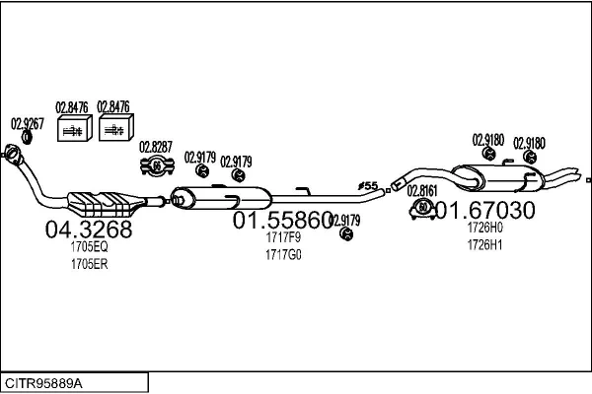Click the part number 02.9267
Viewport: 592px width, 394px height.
click(x=27, y=124)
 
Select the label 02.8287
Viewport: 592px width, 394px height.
click(x=156, y=148)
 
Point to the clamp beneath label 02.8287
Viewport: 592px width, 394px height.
click(x=156, y=167)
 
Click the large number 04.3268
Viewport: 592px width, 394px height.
click(x=89, y=230)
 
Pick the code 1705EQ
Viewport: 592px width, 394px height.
click(x=88, y=248)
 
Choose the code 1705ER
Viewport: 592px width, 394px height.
click(x=88, y=264)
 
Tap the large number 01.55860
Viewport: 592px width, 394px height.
click(x=282, y=222)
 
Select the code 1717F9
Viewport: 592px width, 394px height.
click(x=282, y=237)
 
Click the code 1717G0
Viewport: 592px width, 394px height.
click(x=282, y=254)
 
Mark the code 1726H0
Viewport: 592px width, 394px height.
click(x=484, y=228)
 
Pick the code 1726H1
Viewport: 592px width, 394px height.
click(x=484, y=244)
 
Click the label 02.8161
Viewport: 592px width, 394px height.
click(x=422, y=190)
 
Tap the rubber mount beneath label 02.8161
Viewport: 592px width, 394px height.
click(x=420, y=208)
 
